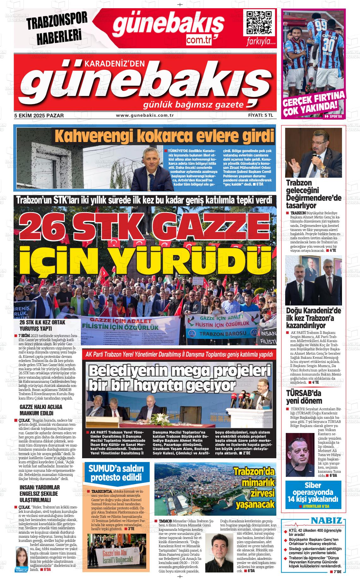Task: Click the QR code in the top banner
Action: pos(259,23)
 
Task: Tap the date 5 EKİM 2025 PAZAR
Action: pos(39,116)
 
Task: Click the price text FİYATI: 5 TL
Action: pos(260,116)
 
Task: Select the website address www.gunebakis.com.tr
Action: pos(145,116)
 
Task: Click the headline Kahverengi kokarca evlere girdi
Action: pos(164,136)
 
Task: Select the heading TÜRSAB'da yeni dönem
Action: pos(303,397)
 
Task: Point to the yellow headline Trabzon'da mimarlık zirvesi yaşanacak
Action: pos(254,488)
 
